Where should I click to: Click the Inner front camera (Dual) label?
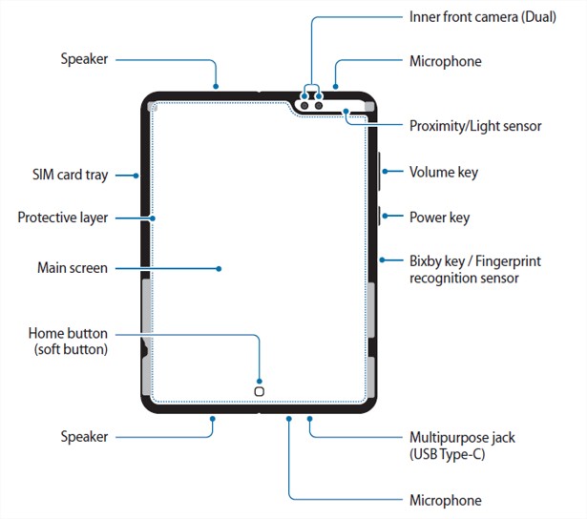(x=483, y=17)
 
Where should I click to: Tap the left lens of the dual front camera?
(x=304, y=106)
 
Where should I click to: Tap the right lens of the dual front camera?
(x=319, y=106)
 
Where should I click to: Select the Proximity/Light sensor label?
(x=475, y=126)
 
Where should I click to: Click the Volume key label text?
(x=444, y=173)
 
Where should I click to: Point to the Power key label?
(x=439, y=218)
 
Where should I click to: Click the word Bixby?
(x=428, y=261)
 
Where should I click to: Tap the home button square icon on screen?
(x=259, y=391)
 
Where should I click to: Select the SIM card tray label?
(x=70, y=175)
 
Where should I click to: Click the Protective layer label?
(x=63, y=218)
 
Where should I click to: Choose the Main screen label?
(x=73, y=268)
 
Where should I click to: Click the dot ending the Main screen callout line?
(x=219, y=269)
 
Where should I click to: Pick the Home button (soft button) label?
(x=68, y=342)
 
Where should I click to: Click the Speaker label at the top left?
(x=84, y=59)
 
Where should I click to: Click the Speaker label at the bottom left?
(x=84, y=437)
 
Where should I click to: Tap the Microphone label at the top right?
(x=446, y=61)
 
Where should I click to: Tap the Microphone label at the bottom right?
(x=446, y=500)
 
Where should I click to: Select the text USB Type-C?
(x=448, y=454)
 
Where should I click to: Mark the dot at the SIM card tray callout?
(x=136, y=176)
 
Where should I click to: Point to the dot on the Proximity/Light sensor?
(x=346, y=111)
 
